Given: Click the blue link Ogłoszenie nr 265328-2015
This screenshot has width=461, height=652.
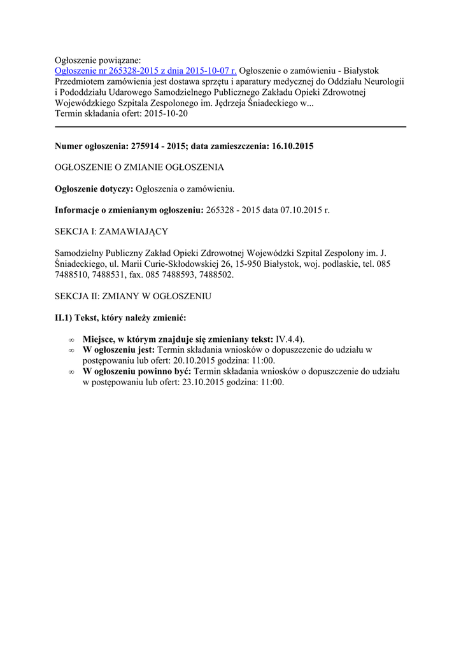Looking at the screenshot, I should pyautogui.click(x=146, y=71).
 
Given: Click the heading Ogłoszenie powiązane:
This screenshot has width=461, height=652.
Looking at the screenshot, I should pyautogui.click(x=97, y=60).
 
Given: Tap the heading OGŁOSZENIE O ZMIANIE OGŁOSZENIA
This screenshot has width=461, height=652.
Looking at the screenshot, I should pyautogui.click(x=139, y=167).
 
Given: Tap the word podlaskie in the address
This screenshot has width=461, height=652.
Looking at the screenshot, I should pyautogui.click(x=327, y=264).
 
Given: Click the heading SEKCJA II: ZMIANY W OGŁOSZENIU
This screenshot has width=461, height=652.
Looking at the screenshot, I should pyautogui.click(x=133, y=296).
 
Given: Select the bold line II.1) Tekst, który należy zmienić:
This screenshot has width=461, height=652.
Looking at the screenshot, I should pyautogui.click(x=120, y=318).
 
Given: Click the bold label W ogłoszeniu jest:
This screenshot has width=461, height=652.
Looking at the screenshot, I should pyautogui.click(x=118, y=350).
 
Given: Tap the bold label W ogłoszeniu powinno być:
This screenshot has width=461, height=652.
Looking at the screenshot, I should pyautogui.click(x=137, y=371).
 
